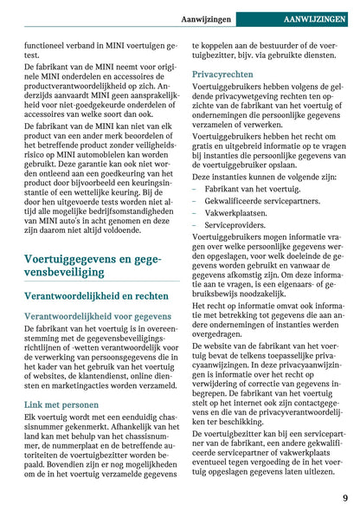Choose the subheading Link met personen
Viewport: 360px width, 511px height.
tap(61, 404)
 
